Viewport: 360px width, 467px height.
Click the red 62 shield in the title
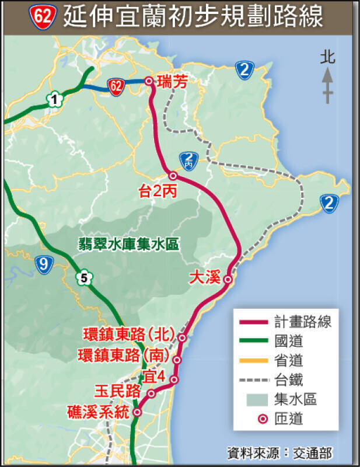tap(43, 16)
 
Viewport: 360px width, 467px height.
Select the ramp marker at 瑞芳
tap(149, 81)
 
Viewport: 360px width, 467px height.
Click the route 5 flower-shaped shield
tap(85, 278)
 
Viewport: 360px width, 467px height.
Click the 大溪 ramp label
tap(205, 278)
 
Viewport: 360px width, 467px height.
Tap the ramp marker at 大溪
tap(228, 280)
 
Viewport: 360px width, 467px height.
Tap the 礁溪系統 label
tap(98, 412)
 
